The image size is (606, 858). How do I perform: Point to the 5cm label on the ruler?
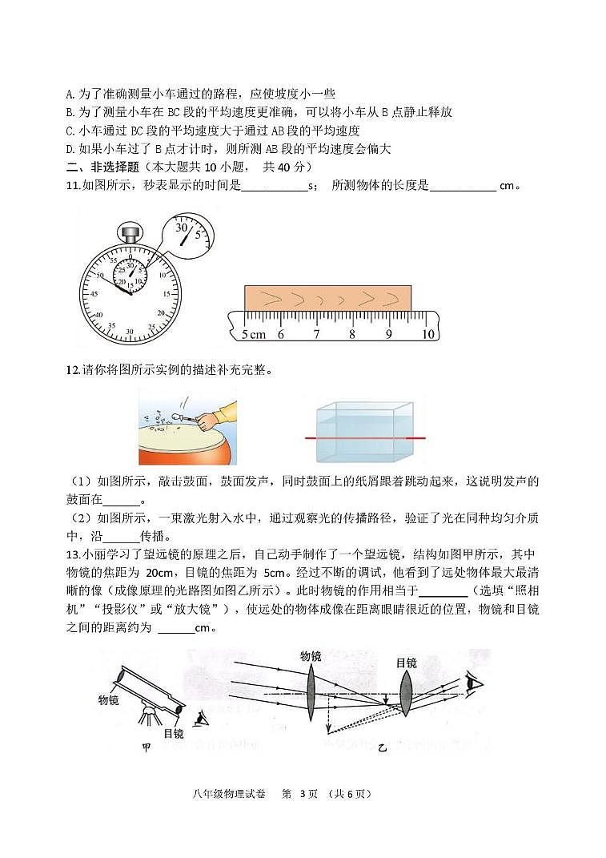[x=253, y=334]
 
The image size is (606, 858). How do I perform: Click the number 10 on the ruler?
[x=427, y=334]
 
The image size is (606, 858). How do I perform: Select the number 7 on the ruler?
[x=316, y=334]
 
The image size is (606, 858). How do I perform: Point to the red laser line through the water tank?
[x=365, y=439]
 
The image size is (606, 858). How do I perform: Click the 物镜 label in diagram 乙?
[x=311, y=655]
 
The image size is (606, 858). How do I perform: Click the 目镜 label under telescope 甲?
[x=173, y=732]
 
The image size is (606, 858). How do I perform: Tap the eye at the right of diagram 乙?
[x=475, y=683]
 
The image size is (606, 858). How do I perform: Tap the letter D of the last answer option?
[x=69, y=148]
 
